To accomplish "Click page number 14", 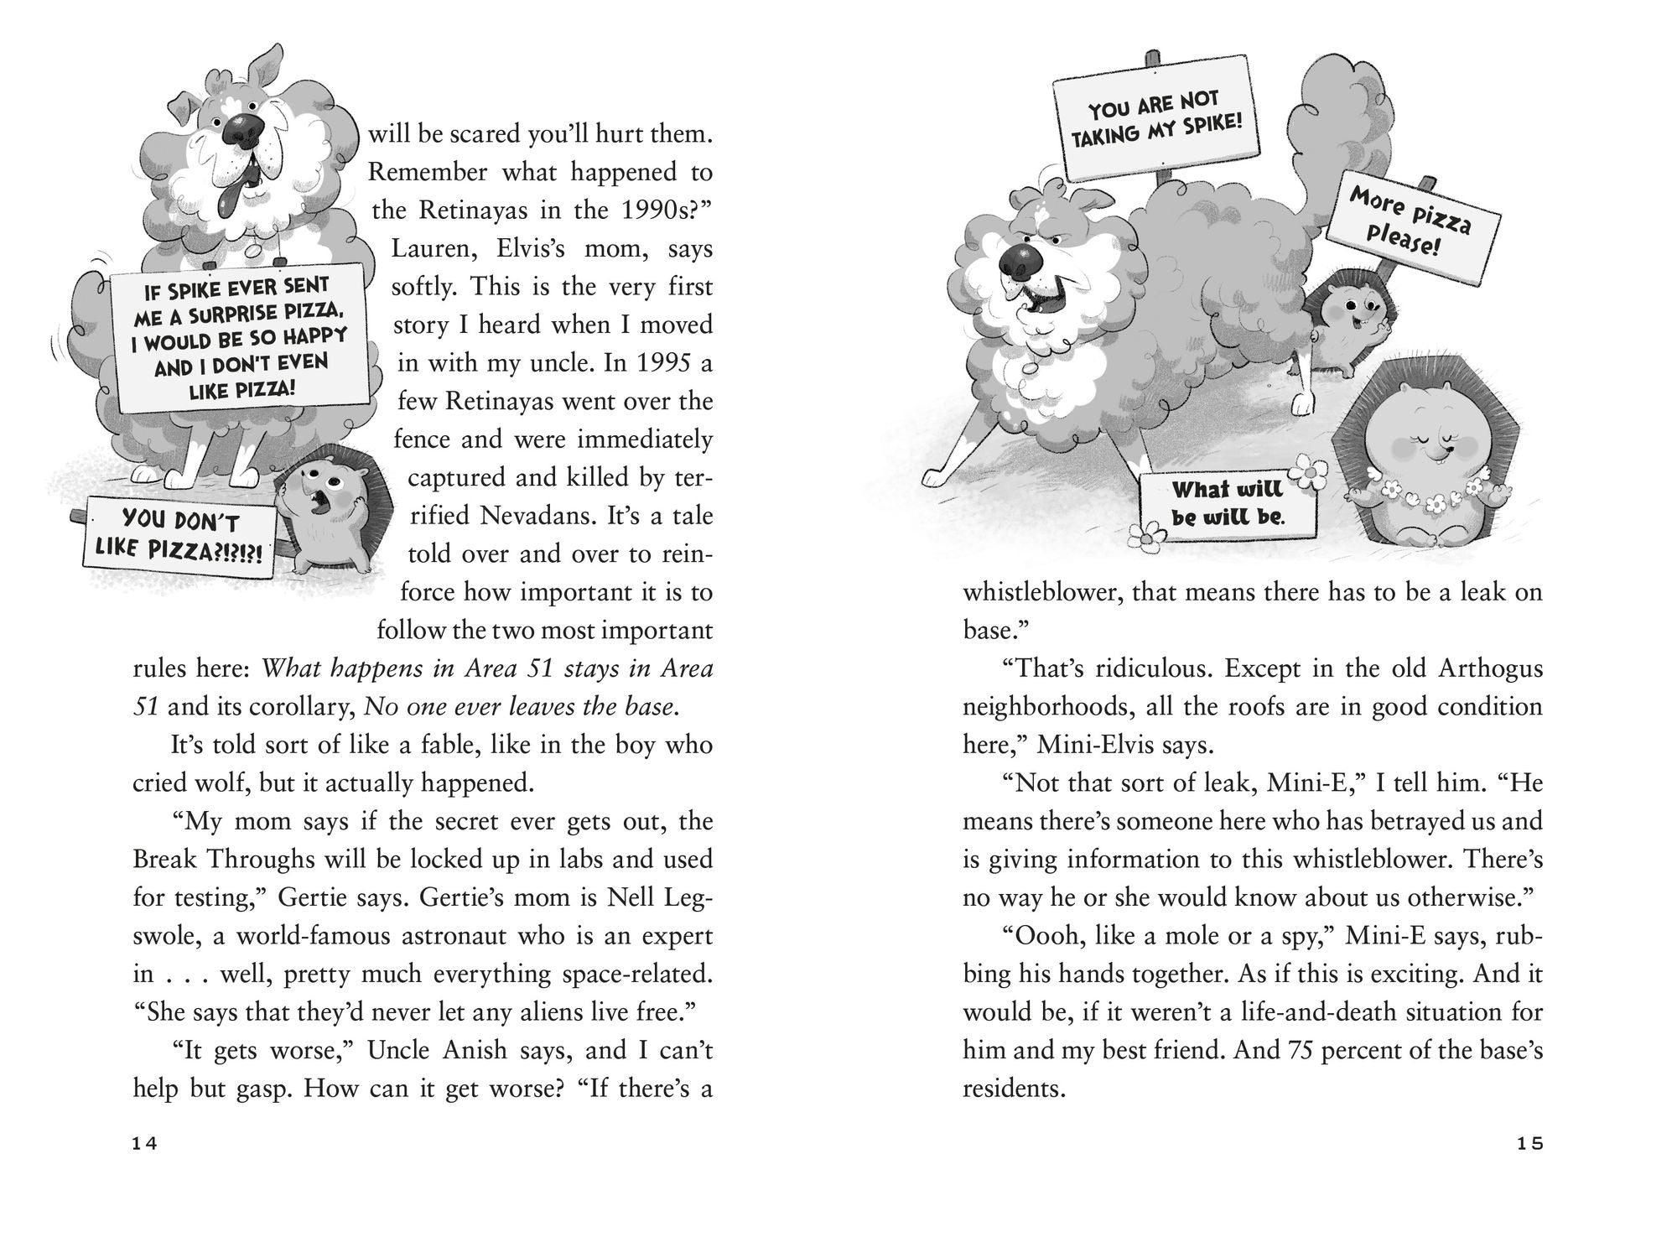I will pos(145,1144).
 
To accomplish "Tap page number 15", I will pos(1530,1144).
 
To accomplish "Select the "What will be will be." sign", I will pos(1228,502).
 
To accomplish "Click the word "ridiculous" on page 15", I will pos(1141,668).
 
